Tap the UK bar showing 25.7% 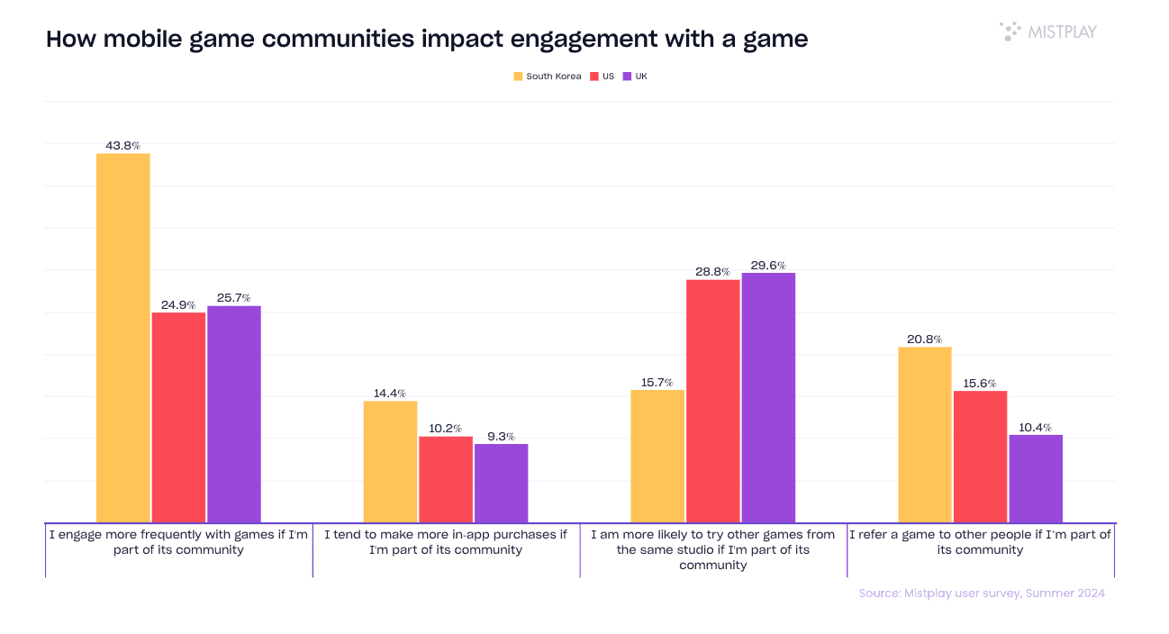(x=234, y=414)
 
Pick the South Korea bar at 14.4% (x=390, y=461)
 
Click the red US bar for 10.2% (x=446, y=479)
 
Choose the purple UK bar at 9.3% (x=502, y=483)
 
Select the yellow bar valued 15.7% (x=657, y=456)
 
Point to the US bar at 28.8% (x=713, y=401)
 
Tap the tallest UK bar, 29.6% (x=768, y=397)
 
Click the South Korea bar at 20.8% (x=925, y=434)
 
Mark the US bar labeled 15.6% (x=980, y=457)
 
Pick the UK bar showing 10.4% (x=1036, y=478)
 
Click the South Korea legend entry (x=548, y=77)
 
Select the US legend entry (x=603, y=77)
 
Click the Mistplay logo (x=1048, y=32)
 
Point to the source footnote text (x=982, y=593)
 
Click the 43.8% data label (x=123, y=145)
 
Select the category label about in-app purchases (x=446, y=542)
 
